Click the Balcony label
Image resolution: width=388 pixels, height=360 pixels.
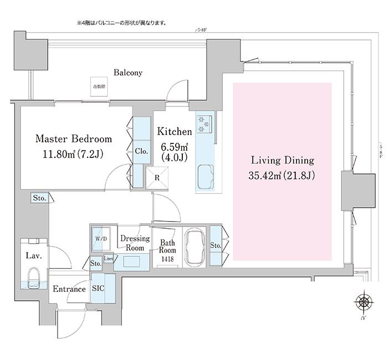(128, 73)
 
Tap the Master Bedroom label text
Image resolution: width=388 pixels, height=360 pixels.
(74, 138)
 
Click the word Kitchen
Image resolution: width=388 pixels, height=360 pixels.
(174, 131)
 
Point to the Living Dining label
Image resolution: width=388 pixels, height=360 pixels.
(282, 161)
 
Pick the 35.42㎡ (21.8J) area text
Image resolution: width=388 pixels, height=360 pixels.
(282, 177)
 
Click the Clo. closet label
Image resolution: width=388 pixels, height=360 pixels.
(140, 150)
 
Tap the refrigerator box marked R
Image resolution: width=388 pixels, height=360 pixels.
(157, 178)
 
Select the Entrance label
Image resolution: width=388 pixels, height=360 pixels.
(69, 289)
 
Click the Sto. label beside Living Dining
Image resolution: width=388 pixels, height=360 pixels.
(215, 245)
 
